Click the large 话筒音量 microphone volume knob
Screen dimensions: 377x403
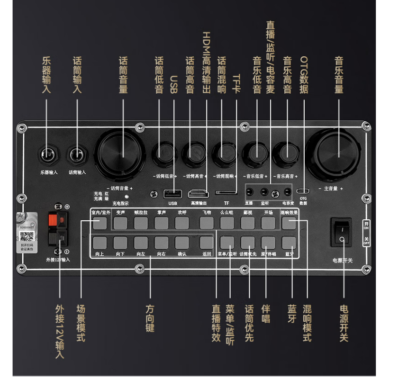(119, 155)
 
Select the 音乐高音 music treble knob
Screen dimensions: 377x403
(285, 154)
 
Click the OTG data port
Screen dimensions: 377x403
(303, 191)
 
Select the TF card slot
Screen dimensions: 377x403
(226, 193)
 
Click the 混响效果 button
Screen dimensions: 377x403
(289, 223)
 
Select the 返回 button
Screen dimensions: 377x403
(206, 243)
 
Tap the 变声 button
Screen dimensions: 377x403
(121, 223)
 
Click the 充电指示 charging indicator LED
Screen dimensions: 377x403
(126, 197)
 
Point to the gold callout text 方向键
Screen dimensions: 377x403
(150, 318)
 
